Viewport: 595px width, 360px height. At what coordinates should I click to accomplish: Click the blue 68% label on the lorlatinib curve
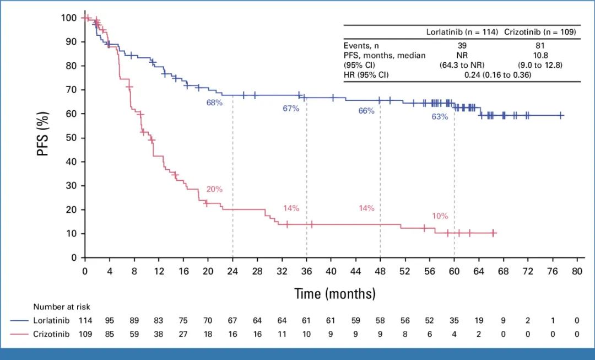coord(214,103)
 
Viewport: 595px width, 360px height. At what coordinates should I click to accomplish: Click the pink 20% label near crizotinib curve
coord(214,189)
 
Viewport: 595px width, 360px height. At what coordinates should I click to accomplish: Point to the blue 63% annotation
coord(440,116)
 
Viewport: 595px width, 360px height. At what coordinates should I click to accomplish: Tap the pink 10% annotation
coord(440,216)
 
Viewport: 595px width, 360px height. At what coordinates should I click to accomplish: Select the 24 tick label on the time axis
coord(232,271)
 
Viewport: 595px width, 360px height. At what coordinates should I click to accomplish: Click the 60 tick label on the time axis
coord(454,271)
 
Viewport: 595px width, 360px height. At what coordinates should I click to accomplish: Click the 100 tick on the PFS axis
coord(69,18)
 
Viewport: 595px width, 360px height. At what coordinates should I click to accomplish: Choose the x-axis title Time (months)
coord(334,293)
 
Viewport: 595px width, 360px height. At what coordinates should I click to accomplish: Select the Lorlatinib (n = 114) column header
coord(463,32)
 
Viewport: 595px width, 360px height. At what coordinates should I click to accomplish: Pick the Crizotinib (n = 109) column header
coord(540,32)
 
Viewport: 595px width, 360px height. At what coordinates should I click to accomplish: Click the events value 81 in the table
coord(540,46)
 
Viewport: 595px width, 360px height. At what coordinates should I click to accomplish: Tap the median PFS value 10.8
coord(540,55)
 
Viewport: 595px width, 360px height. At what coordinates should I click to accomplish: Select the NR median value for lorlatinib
coord(463,55)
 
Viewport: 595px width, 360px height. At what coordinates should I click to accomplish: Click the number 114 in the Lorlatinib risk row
coord(85,320)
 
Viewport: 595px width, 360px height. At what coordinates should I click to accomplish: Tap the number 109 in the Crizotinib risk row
coord(85,333)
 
